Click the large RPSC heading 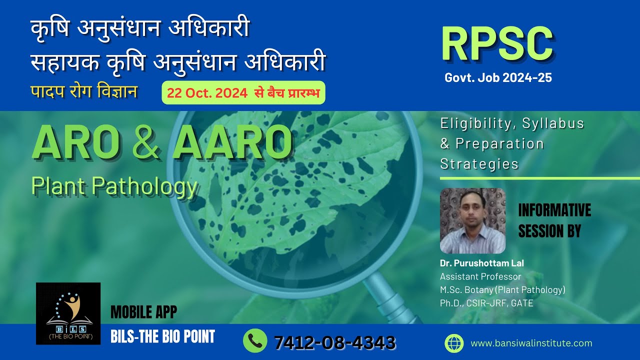click(497, 44)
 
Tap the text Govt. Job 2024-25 click(498, 78)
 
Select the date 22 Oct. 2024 click(207, 93)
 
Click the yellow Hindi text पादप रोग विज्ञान click(84, 92)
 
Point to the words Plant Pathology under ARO click(114, 186)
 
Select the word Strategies click(479, 163)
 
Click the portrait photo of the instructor click(472, 220)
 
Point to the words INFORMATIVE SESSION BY click(554, 220)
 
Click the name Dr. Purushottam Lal click(481, 263)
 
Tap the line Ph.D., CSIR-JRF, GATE click(486, 303)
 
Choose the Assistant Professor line click(480, 276)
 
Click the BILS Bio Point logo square click(68, 313)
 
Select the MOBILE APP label click(143, 312)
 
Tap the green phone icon click(255, 341)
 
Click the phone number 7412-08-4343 click(334, 342)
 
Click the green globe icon click(454, 343)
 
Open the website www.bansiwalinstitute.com click(531, 343)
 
